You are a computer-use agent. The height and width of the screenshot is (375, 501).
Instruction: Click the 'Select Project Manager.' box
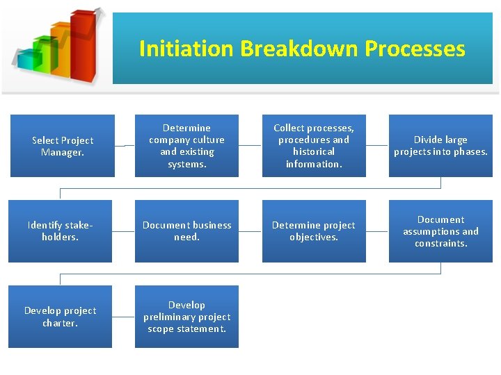pyautogui.click(x=62, y=146)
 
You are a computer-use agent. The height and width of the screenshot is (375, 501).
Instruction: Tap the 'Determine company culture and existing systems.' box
pyautogui.click(x=186, y=146)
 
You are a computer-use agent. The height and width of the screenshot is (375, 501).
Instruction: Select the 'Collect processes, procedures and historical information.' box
pyautogui.click(x=314, y=146)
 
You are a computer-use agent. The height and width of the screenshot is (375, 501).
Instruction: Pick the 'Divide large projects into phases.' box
pyautogui.click(x=440, y=146)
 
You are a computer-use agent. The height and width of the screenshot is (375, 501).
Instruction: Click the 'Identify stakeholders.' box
pyautogui.click(x=60, y=231)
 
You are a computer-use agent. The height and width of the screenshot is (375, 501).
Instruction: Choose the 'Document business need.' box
pyautogui.click(x=186, y=231)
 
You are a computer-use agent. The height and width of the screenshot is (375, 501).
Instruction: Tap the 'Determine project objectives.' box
pyautogui.click(x=314, y=231)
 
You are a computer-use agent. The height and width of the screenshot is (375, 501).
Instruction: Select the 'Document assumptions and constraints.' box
pyautogui.click(x=440, y=231)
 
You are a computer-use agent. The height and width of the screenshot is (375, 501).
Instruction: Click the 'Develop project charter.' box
pyautogui.click(x=60, y=317)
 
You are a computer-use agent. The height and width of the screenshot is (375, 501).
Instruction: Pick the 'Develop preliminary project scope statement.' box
pyautogui.click(x=186, y=317)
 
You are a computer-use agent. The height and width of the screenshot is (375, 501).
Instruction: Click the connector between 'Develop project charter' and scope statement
pyautogui.click(x=123, y=317)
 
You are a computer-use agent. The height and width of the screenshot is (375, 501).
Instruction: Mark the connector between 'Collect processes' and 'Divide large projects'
pyautogui.click(x=377, y=146)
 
